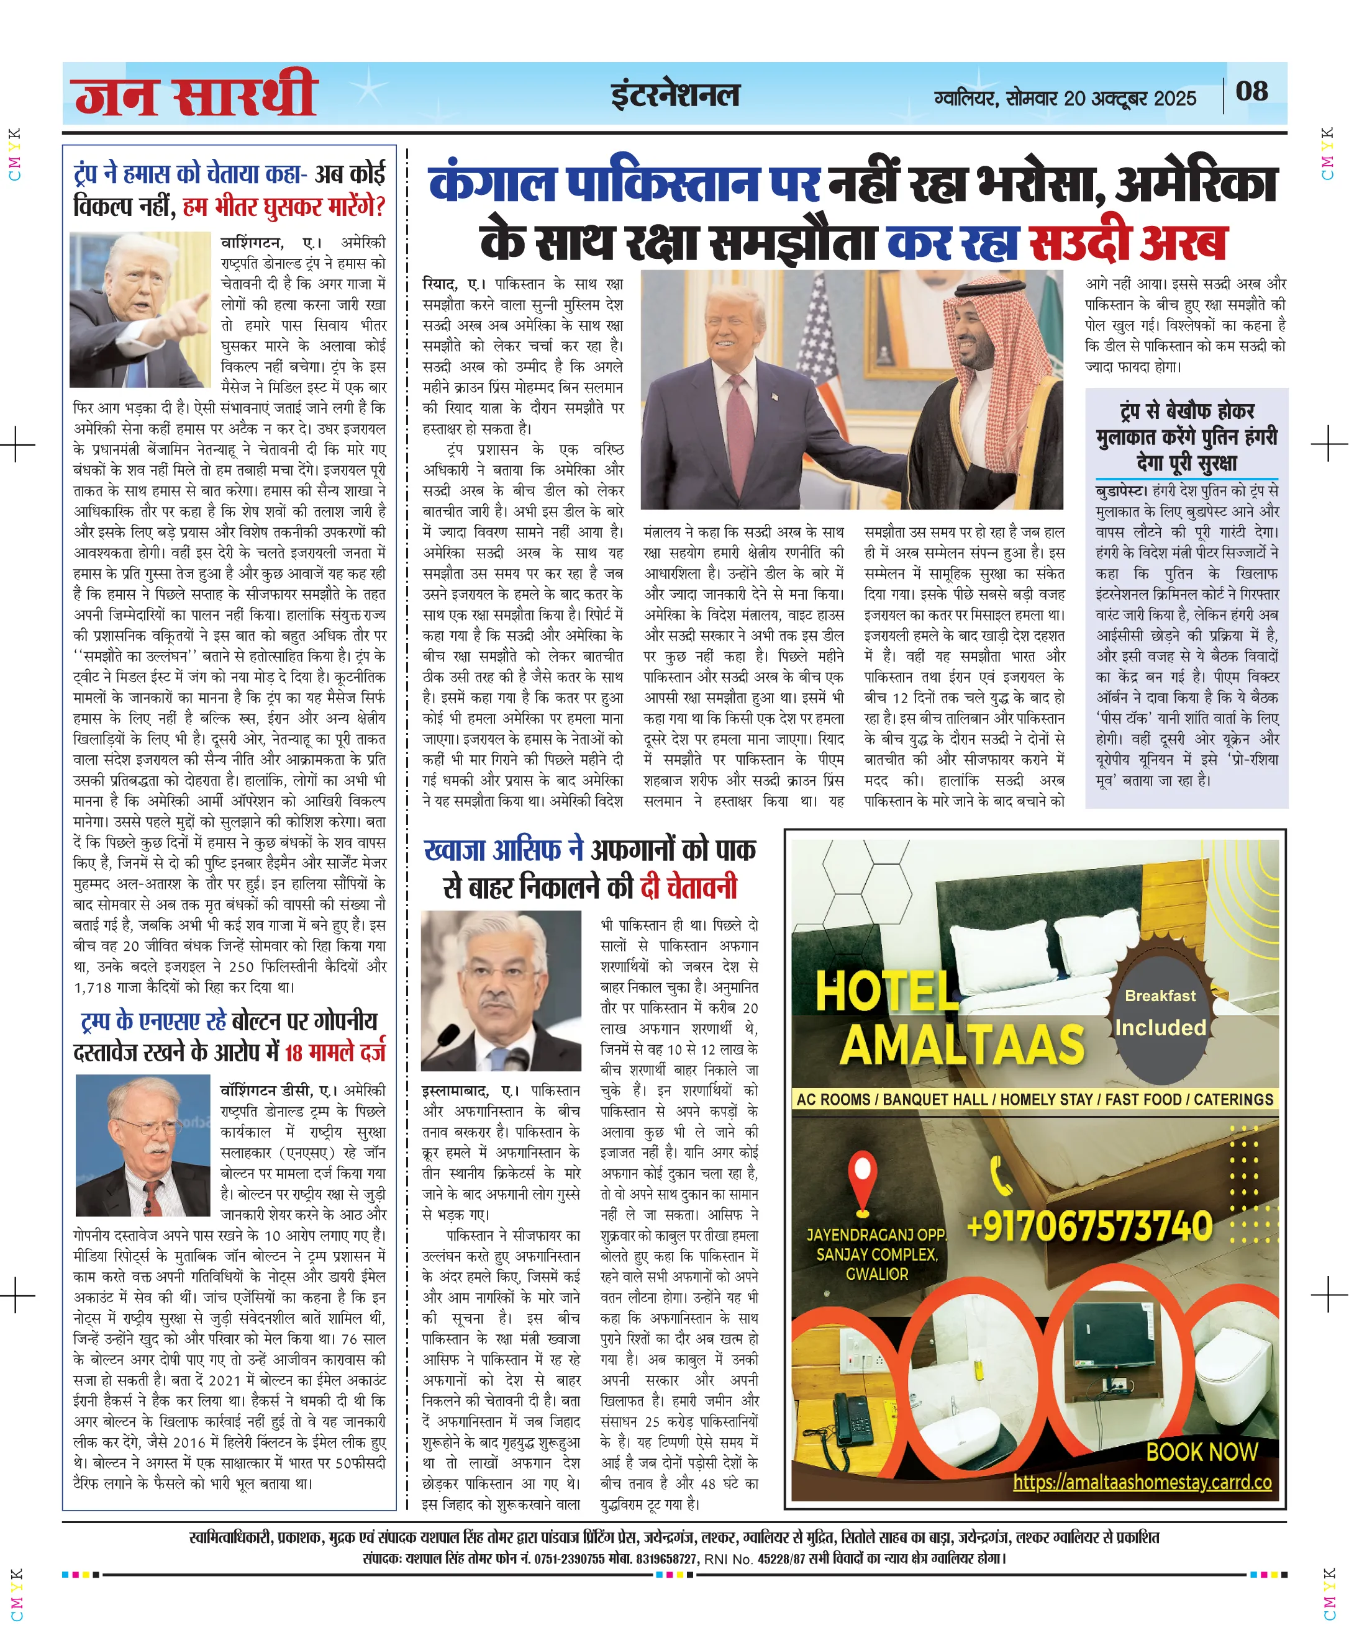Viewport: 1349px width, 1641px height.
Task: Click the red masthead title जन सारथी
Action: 194,95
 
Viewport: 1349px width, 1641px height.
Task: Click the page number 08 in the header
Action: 1251,92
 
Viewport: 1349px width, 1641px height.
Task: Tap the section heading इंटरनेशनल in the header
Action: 674,96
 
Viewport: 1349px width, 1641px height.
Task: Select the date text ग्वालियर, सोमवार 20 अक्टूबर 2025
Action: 1065,99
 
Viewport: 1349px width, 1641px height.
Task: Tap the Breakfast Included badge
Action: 1160,1014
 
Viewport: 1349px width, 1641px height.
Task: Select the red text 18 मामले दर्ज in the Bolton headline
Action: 335,1053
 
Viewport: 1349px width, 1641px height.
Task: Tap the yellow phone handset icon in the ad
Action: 1001,1175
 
